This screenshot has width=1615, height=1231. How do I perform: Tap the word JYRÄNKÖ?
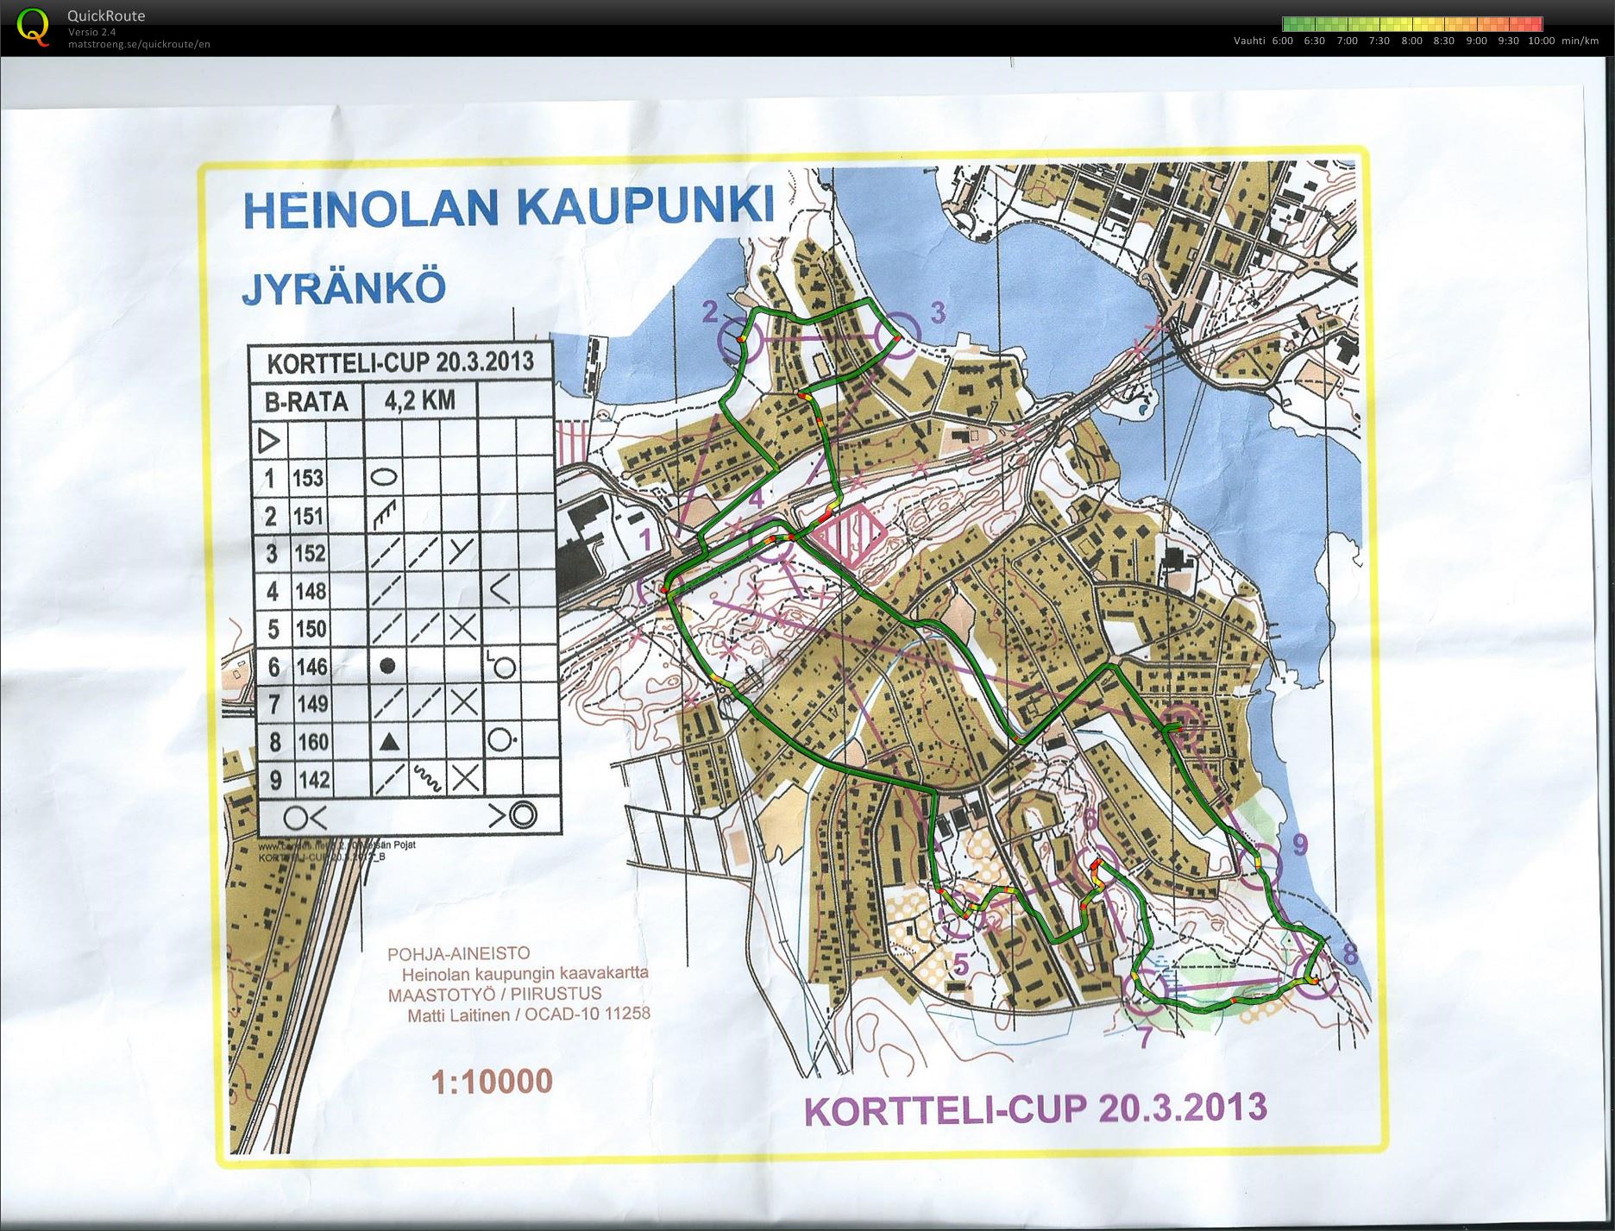[343, 288]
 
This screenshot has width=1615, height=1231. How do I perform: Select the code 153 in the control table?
[307, 479]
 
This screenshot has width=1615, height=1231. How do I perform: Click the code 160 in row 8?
[311, 742]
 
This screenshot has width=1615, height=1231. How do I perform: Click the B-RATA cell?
[305, 401]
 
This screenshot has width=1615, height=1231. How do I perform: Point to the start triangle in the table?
[270, 442]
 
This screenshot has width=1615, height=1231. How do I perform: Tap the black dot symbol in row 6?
[388, 666]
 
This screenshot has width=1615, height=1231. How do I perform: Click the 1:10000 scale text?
[492, 1081]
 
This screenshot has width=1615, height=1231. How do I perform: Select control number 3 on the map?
[937, 311]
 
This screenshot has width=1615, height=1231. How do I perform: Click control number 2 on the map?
[709, 311]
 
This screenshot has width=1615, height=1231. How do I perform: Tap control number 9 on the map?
[1301, 845]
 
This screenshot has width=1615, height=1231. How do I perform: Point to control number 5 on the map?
[960, 964]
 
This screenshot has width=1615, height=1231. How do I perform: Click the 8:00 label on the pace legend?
[1411, 41]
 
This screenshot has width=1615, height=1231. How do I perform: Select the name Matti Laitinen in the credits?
[458, 1014]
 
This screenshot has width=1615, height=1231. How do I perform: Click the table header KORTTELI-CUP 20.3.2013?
[399, 362]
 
